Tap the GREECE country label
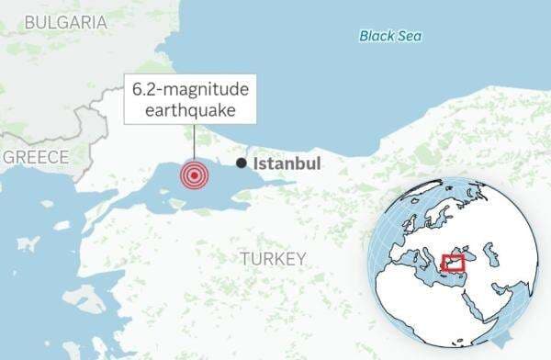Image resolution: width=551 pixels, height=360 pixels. tap(36, 157)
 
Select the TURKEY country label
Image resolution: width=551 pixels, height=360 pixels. tap(273, 259)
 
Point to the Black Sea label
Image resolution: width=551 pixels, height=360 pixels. tap(390, 36)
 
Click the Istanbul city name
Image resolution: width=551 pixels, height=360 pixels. tap(287, 163)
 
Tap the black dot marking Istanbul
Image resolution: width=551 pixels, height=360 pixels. tap(241, 163)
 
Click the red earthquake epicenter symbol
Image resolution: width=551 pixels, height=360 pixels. tap(194, 174)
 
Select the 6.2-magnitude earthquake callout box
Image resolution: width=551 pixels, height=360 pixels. tap(191, 100)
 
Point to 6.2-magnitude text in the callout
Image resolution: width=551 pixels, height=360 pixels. tap(191, 90)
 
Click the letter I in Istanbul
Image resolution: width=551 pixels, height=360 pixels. tap(256, 163)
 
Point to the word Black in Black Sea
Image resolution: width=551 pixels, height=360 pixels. tap(377, 36)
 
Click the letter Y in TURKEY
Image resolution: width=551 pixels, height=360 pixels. tap(300, 259)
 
